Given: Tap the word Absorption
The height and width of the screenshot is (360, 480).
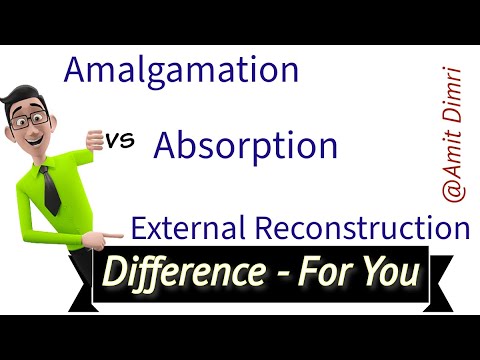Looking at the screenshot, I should click(x=245, y=147).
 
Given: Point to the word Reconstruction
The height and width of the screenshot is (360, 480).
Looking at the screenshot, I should click(x=357, y=229).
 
